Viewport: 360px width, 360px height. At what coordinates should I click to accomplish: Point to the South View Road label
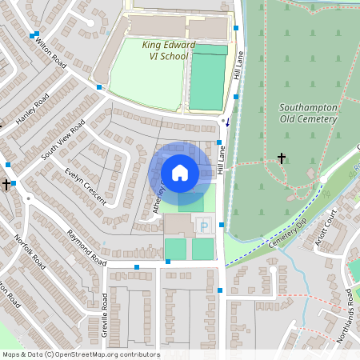pos(63,139)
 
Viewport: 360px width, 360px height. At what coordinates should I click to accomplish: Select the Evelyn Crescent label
pos(86,187)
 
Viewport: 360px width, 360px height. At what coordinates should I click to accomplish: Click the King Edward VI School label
pos(165,50)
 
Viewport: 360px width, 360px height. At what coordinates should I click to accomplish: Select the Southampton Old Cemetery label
pos(309,113)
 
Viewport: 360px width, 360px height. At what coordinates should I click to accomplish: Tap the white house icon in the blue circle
pos(179,172)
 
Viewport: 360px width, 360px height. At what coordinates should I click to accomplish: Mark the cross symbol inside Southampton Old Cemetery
pos(282,158)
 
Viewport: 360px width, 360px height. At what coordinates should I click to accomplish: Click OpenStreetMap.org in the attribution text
pos(95,354)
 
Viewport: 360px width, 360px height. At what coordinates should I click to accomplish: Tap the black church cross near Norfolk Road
pos(6,185)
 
